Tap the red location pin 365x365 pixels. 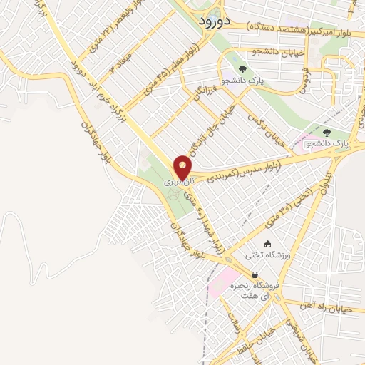(182, 168)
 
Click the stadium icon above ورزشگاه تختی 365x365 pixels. (268, 244)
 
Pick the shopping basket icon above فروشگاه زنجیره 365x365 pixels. (255, 274)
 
